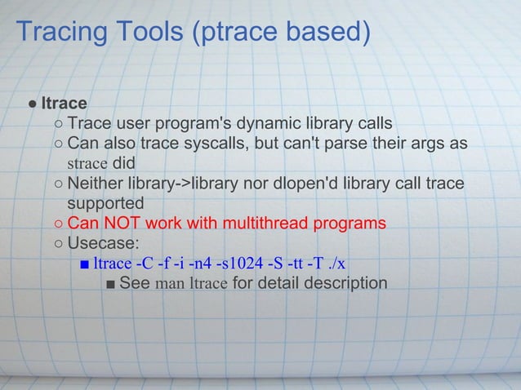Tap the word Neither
coord(97,182)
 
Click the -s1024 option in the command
coord(236,263)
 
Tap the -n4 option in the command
coord(194,263)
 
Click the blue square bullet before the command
coord(84,264)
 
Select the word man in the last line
coord(169,283)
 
